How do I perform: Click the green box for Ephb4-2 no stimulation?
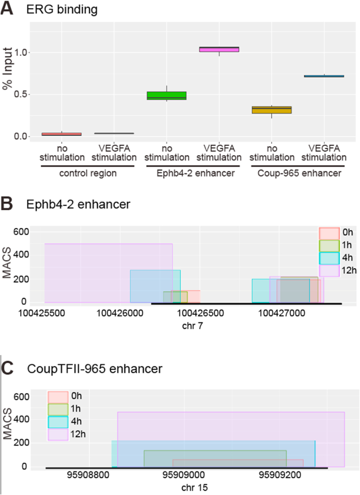tap(166, 96)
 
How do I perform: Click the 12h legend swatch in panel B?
tap(329, 270)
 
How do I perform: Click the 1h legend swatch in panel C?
tap(57, 409)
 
